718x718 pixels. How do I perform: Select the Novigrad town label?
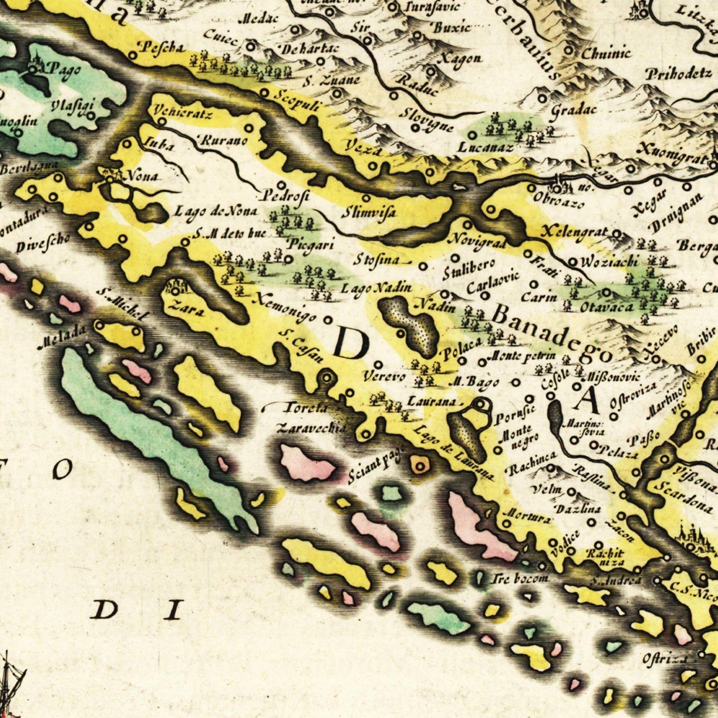(x=477, y=240)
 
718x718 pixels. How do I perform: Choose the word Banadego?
(x=552, y=331)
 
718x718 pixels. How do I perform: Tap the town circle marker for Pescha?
(x=133, y=55)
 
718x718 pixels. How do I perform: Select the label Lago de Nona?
(x=215, y=212)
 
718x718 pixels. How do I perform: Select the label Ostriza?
(x=665, y=658)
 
